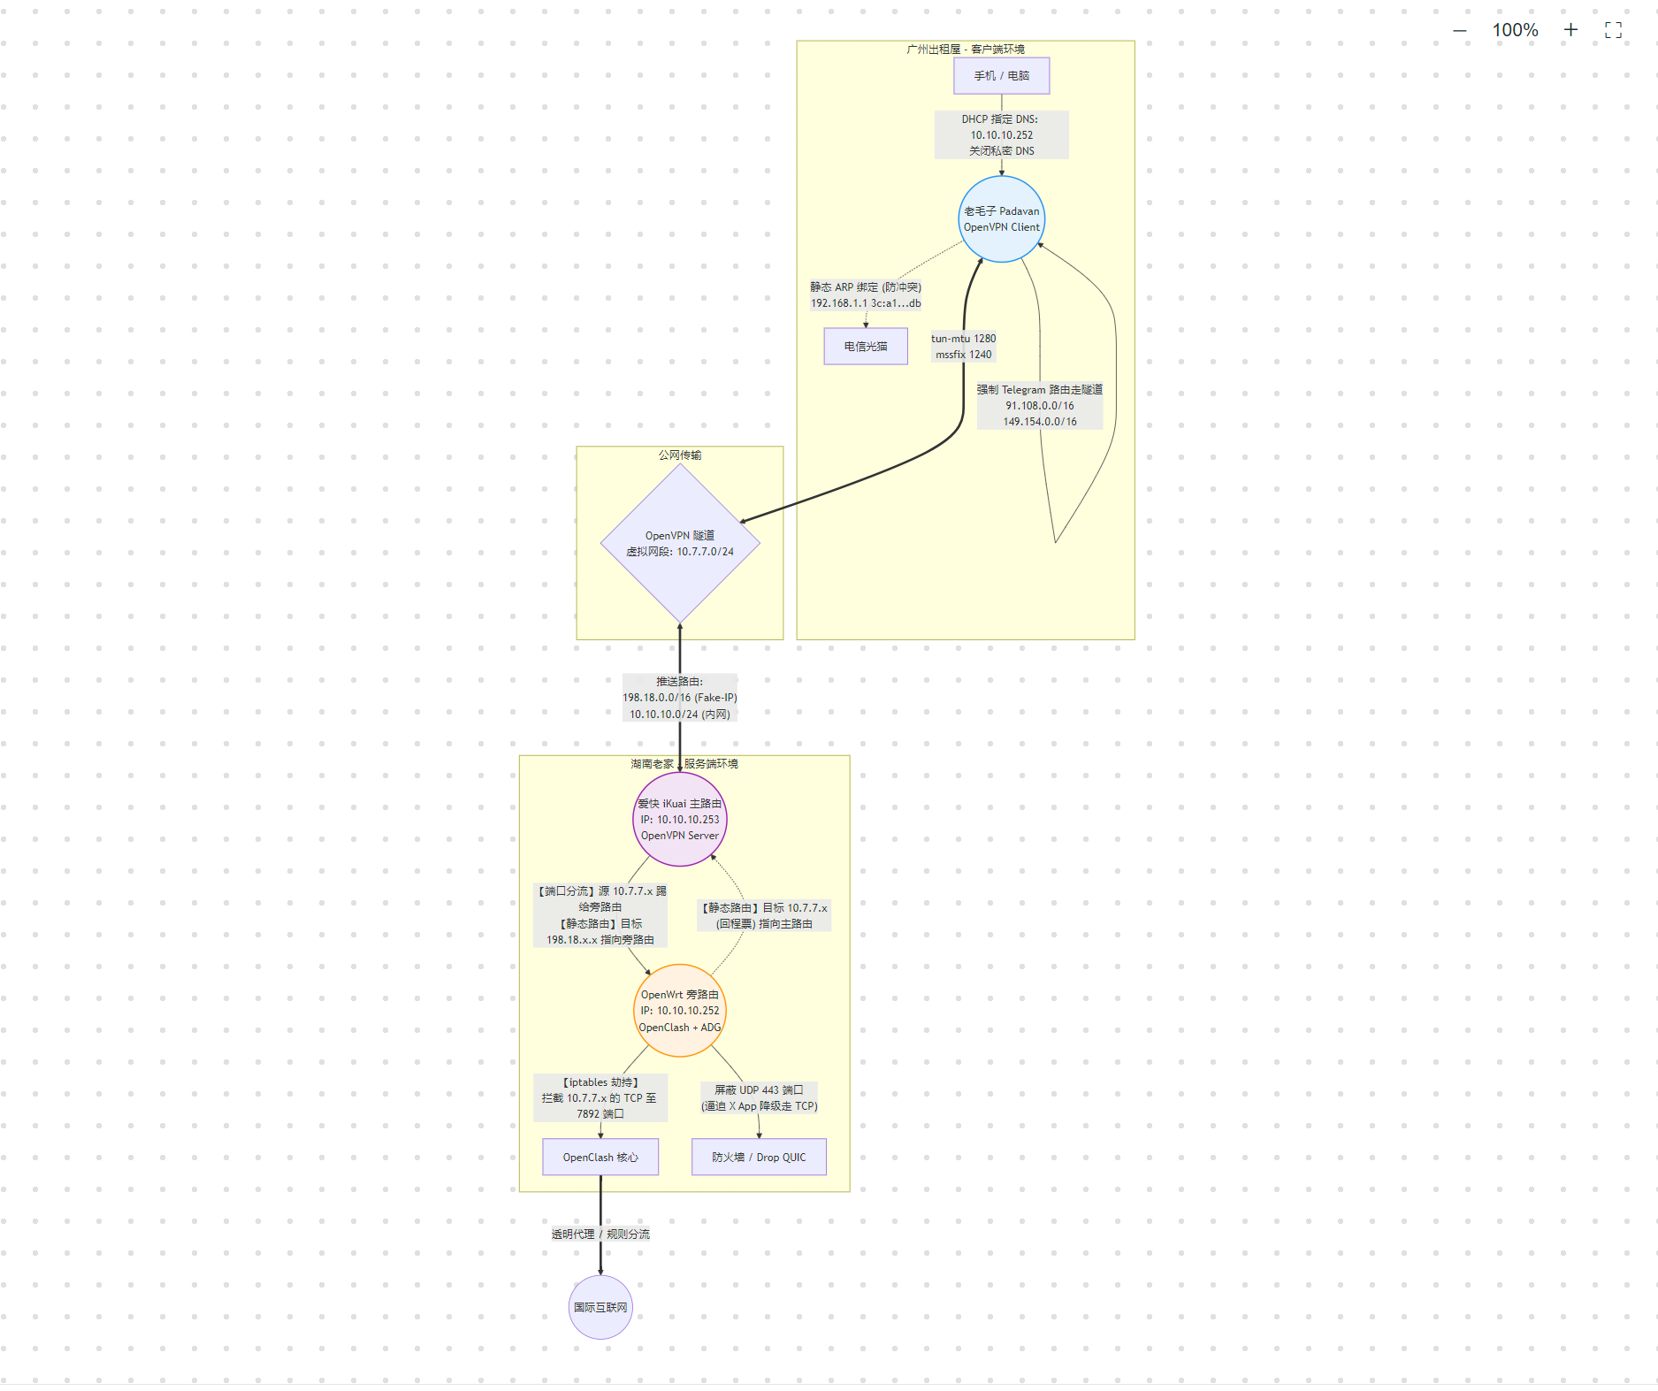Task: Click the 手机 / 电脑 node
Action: point(1001,76)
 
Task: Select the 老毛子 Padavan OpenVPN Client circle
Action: point(1001,219)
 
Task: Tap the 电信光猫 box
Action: point(865,347)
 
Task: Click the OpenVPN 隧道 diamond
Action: point(679,543)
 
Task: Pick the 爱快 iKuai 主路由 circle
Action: point(679,820)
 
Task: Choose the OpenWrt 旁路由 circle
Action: point(679,1011)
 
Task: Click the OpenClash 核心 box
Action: point(600,1158)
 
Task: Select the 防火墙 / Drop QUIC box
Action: point(759,1158)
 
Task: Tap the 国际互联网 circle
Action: point(600,1307)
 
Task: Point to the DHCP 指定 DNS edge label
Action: point(1001,135)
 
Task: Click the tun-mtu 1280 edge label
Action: point(963,347)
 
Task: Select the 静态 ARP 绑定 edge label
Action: point(865,295)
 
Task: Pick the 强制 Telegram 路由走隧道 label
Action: point(1039,406)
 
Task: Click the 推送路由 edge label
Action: point(679,698)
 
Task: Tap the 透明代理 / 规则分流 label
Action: point(600,1234)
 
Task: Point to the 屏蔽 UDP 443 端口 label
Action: point(759,1098)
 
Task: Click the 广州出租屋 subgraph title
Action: point(965,50)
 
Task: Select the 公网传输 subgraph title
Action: point(679,455)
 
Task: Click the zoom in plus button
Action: point(1570,30)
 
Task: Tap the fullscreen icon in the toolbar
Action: point(1613,30)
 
